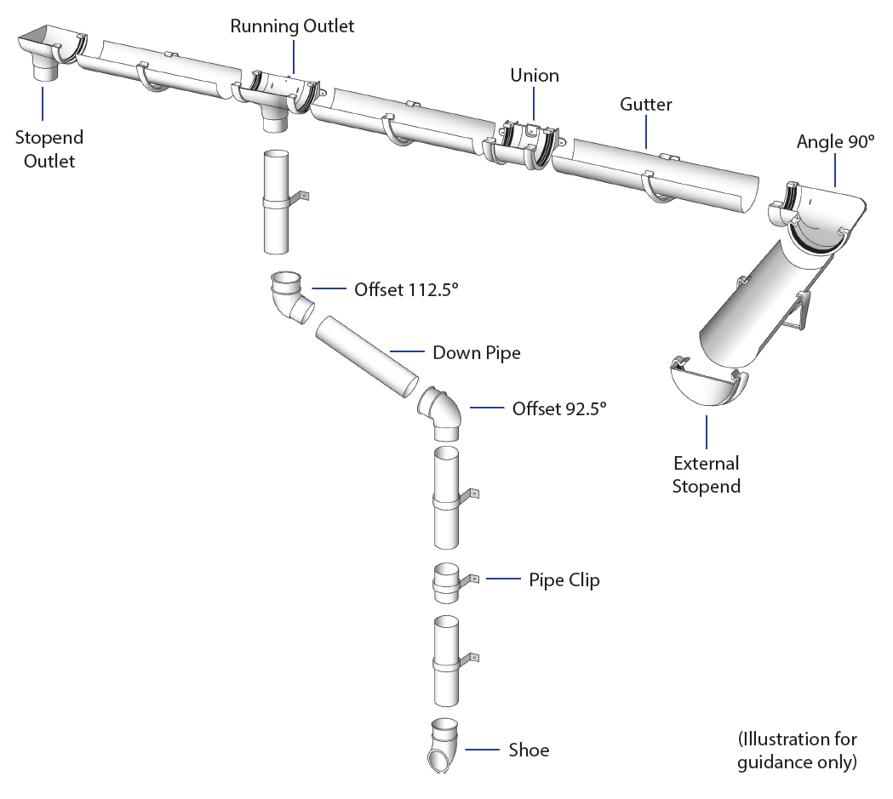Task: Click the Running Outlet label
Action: (292, 26)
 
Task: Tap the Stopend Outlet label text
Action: (49, 149)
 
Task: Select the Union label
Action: (535, 76)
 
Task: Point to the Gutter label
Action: (645, 105)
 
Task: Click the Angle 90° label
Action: (835, 142)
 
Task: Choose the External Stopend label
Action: (706, 475)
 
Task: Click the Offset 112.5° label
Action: (406, 289)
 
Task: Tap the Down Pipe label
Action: (476, 352)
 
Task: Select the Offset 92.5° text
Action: (559, 408)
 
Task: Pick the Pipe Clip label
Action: (564, 580)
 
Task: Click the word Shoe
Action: (529, 750)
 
